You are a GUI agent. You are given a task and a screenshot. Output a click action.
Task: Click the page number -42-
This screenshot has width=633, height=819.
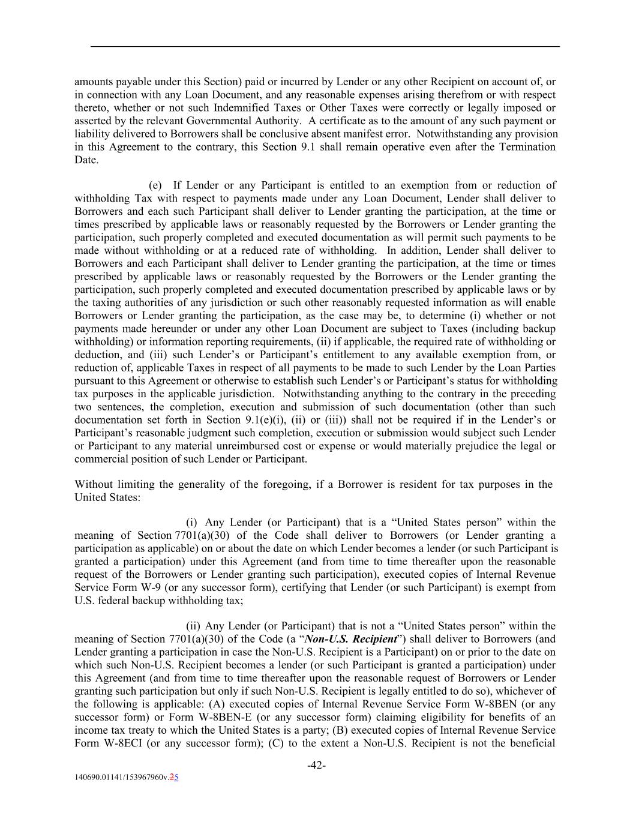click(x=316, y=765)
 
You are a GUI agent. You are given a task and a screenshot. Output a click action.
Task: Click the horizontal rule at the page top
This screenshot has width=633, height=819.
click(x=325, y=46)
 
